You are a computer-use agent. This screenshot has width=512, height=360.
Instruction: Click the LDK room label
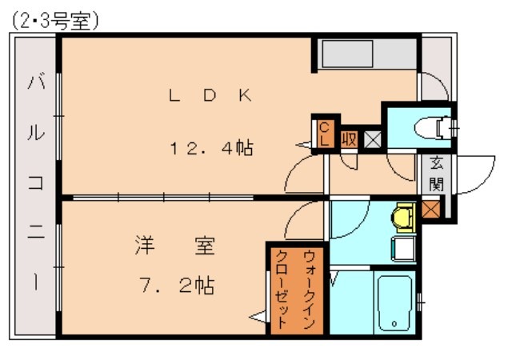(210, 96)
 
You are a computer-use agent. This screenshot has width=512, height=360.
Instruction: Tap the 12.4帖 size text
(210, 148)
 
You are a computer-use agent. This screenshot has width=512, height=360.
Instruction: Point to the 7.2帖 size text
(174, 286)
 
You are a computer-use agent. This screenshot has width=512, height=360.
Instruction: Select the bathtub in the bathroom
(394, 303)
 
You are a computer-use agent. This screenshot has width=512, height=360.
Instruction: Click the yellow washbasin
(404, 216)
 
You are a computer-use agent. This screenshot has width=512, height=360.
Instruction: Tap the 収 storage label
(350, 138)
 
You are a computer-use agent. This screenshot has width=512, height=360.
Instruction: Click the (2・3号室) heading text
(55, 22)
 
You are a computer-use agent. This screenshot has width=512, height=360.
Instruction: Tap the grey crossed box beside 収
(372, 138)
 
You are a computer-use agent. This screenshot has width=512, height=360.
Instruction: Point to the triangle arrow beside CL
(303, 146)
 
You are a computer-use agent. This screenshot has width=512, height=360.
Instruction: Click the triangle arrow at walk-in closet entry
(258, 318)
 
